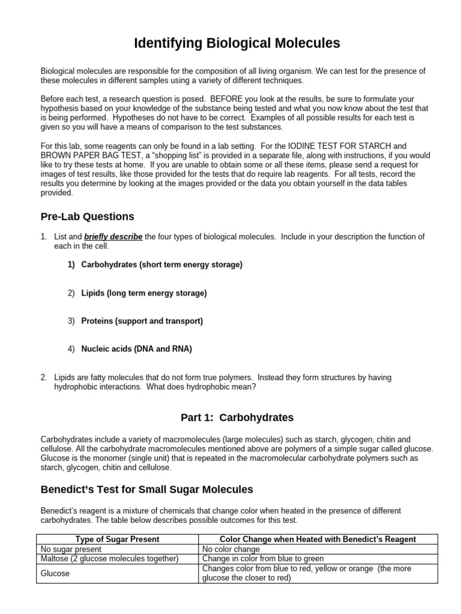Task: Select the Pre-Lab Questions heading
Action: [x=87, y=216]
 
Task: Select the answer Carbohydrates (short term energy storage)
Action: [x=161, y=264]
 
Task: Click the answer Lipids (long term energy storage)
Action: [x=143, y=293]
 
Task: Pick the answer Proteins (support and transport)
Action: [x=142, y=321]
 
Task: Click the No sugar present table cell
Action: [x=71, y=549]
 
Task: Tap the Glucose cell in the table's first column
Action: [x=55, y=573]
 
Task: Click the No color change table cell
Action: [x=231, y=549]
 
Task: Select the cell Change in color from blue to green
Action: [x=263, y=558]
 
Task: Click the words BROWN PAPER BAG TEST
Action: [x=83, y=155]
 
